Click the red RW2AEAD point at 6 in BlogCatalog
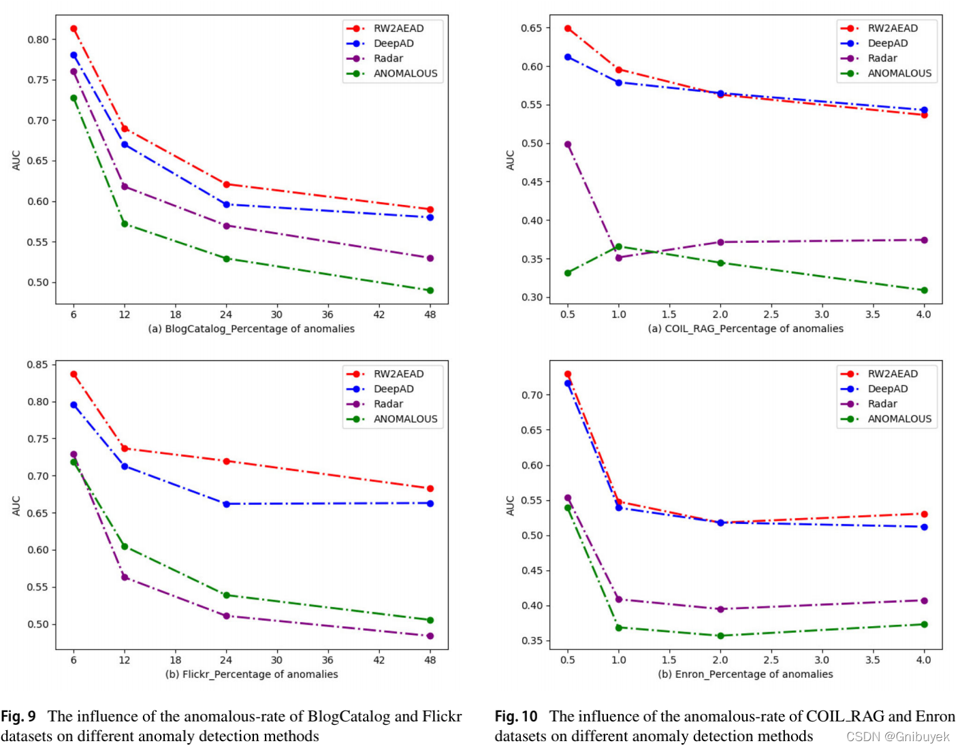pos(74,29)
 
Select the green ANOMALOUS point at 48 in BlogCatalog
pos(430,291)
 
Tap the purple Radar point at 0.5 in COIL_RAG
pos(568,144)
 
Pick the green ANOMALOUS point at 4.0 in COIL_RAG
pos(924,291)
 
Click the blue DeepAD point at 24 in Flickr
pos(226,504)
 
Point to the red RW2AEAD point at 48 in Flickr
pos(430,489)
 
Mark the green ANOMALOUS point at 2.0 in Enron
pos(720,636)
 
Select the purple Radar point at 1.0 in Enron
pos(619,600)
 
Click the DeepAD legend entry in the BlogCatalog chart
pos(393,44)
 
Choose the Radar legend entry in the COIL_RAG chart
pos(882,59)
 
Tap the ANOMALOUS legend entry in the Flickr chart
pos(405,419)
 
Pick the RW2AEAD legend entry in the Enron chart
pos(892,374)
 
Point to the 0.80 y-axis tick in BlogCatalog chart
pos(38,39)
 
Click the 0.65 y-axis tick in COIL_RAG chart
pos(532,28)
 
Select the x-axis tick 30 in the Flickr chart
pos(276,659)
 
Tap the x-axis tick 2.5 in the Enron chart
pos(771,659)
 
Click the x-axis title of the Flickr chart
pos(251,674)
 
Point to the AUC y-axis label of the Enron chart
pos(510,505)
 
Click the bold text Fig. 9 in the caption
pos(18,717)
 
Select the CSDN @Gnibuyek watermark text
pos(897,737)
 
